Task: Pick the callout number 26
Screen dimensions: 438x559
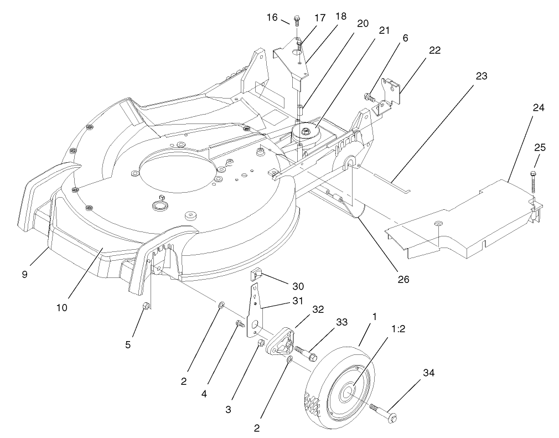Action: coord(403,280)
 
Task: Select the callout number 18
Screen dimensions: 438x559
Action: coord(340,17)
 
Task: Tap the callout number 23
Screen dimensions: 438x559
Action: coord(481,76)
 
